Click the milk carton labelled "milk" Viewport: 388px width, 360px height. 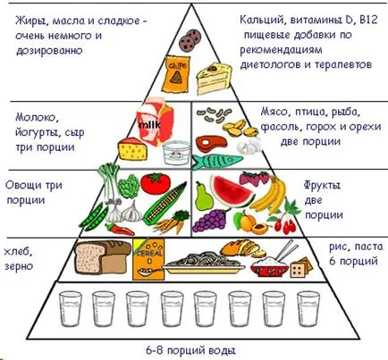pos(155,121)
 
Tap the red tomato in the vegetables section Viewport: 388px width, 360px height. pos(156,183)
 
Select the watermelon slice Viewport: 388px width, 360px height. pos(232,190)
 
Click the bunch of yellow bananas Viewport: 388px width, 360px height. pos(270,195)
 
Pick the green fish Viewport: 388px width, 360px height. pos(216,162)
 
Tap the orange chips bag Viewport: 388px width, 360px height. pos(175,74)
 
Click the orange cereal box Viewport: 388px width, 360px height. pos(148,260)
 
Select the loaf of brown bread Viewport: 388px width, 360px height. pos(102,257)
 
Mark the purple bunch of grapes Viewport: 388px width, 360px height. pos(210,220)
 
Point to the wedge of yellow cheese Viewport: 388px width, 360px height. pos(132,149)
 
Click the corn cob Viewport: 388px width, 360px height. pos(164,203)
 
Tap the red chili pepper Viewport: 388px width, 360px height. pos(119,229)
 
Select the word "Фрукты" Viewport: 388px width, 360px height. pos(322,186)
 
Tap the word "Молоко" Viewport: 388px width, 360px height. pos(36,118)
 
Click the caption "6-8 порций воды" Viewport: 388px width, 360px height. pos(191,350)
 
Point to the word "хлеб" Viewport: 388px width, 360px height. pos(18,252)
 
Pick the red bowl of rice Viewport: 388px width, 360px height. pos(269,265)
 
